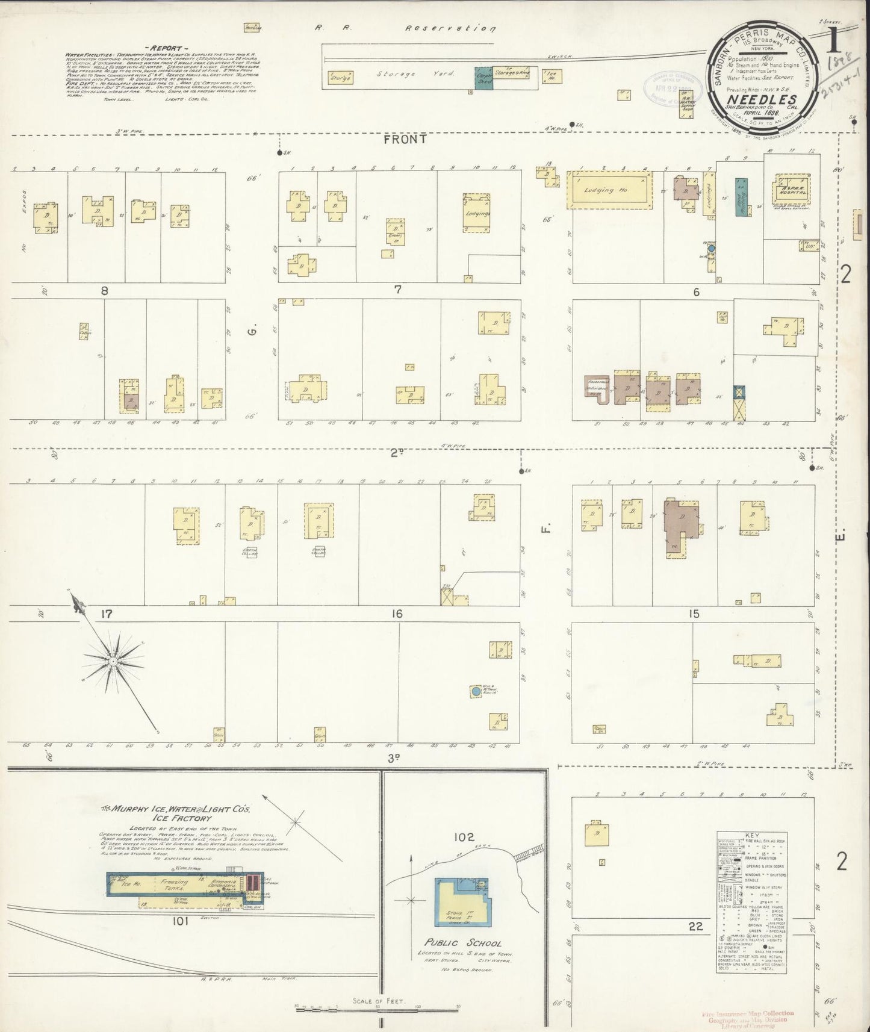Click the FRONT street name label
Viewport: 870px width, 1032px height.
click(405, 139)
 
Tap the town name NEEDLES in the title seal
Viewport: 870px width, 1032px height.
click(762, 100)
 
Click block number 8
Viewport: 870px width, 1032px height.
click(104, 291)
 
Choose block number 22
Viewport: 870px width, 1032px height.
click(695, 927)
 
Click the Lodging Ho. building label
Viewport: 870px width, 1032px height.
click(607, 190)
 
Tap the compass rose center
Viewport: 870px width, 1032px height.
click(113, 661)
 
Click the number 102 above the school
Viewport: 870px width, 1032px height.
click(465, 837)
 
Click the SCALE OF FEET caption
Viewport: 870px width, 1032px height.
click(379, 1002)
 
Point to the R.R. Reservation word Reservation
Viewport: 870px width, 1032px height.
click(450, 28)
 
